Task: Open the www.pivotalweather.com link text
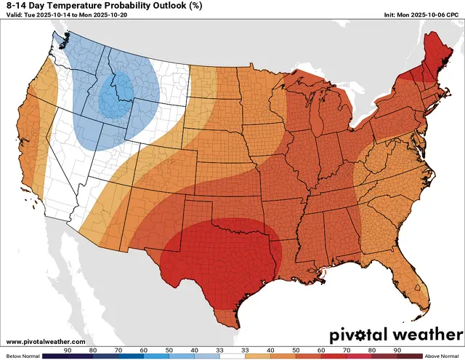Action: pyautogui.click(x=45, y=341)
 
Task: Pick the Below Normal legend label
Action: pyautogui.click(x=20, y=356)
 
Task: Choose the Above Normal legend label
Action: pyautogui.click(x=444, y=356)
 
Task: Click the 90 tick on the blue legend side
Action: pyautogui.click(x=67, y=350)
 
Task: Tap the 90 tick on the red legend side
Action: pyautogui.click(x=397, y=350)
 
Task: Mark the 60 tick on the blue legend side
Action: pyautogui.click(x=143, y=350)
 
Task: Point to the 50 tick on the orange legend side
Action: pyautogui.click(x=295, y=350)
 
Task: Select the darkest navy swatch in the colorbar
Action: pyautogui.click(x=54, y=356)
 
